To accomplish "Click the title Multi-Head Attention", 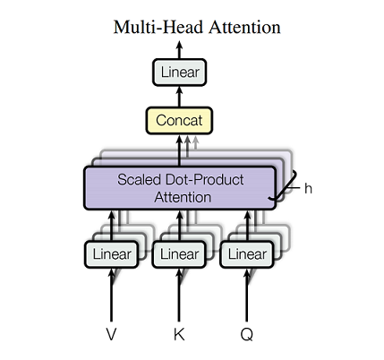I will (x=196, y=27).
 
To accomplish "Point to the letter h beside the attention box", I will (x=309, y=189).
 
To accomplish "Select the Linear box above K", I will (x=178, y=254).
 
